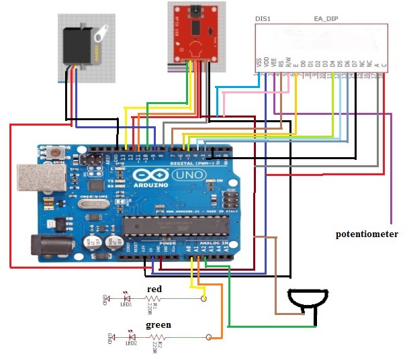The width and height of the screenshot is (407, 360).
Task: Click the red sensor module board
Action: (x=196, y=33)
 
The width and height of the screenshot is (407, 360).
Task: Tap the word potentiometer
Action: (x=367, y=234)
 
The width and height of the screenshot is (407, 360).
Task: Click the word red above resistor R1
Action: (x=154, y=289)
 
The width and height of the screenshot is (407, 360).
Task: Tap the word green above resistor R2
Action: (x=159, y=324)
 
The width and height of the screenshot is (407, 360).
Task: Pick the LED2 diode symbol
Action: (x=132, y=334)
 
